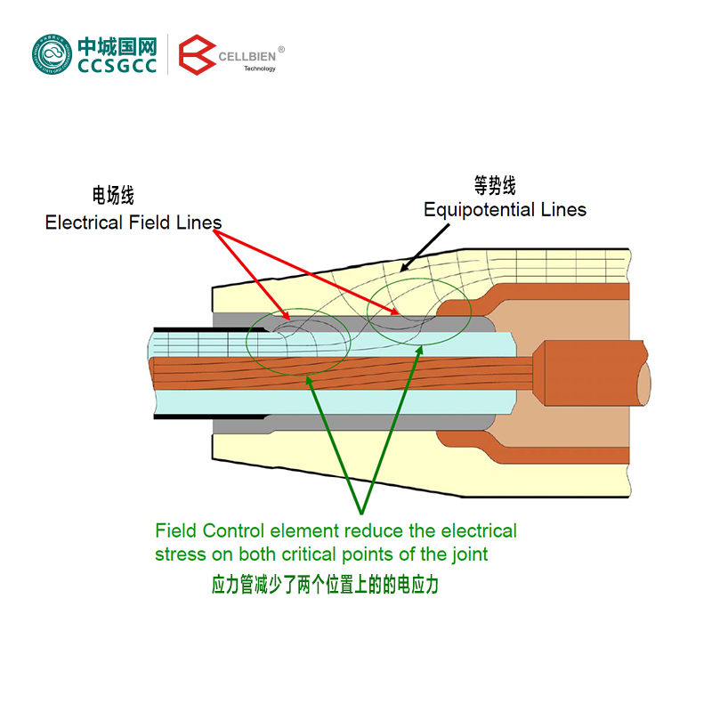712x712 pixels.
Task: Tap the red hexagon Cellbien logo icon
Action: pos(197,55)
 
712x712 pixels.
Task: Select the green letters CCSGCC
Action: pos(117,66)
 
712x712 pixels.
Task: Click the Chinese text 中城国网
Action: pos(117,45)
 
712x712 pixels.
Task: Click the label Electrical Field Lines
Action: pos(133,222)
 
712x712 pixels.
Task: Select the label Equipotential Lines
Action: pos(505,210)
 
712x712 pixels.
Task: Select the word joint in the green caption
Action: pos(468,554)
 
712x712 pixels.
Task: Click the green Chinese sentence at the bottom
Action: pos(326,586)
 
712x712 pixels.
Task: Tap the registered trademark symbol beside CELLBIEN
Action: pos(282,50)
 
